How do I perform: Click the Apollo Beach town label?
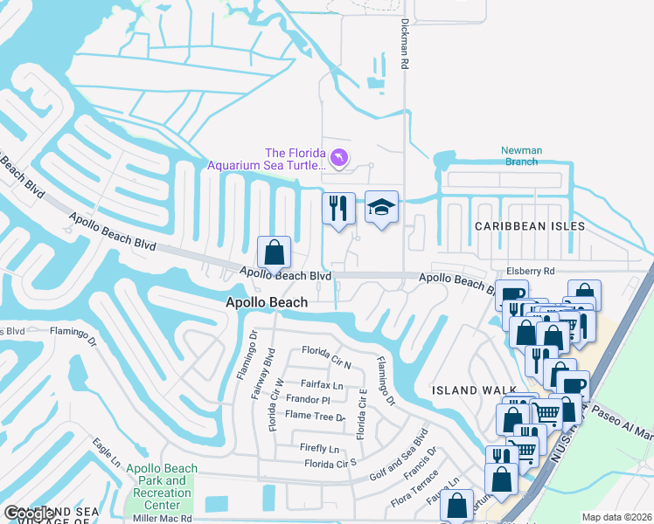(x=267, y=302)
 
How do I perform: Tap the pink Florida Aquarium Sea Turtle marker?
(x=340, y=157)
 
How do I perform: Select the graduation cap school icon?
(x=381, y=207)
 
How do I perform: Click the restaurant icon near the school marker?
(x=338, y=209)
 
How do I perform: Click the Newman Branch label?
(x=521, y=155)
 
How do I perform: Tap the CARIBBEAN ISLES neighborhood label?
(x=530, y=226)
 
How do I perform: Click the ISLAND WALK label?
(x=468, y=390)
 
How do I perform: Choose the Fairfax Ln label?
(x=322, y=384)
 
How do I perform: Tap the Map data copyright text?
(x=616, y=517)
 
